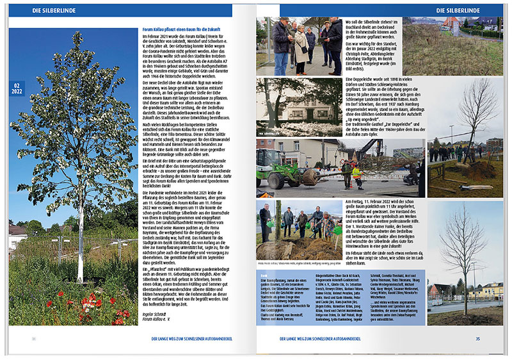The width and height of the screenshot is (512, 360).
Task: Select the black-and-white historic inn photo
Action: (298, 106)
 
